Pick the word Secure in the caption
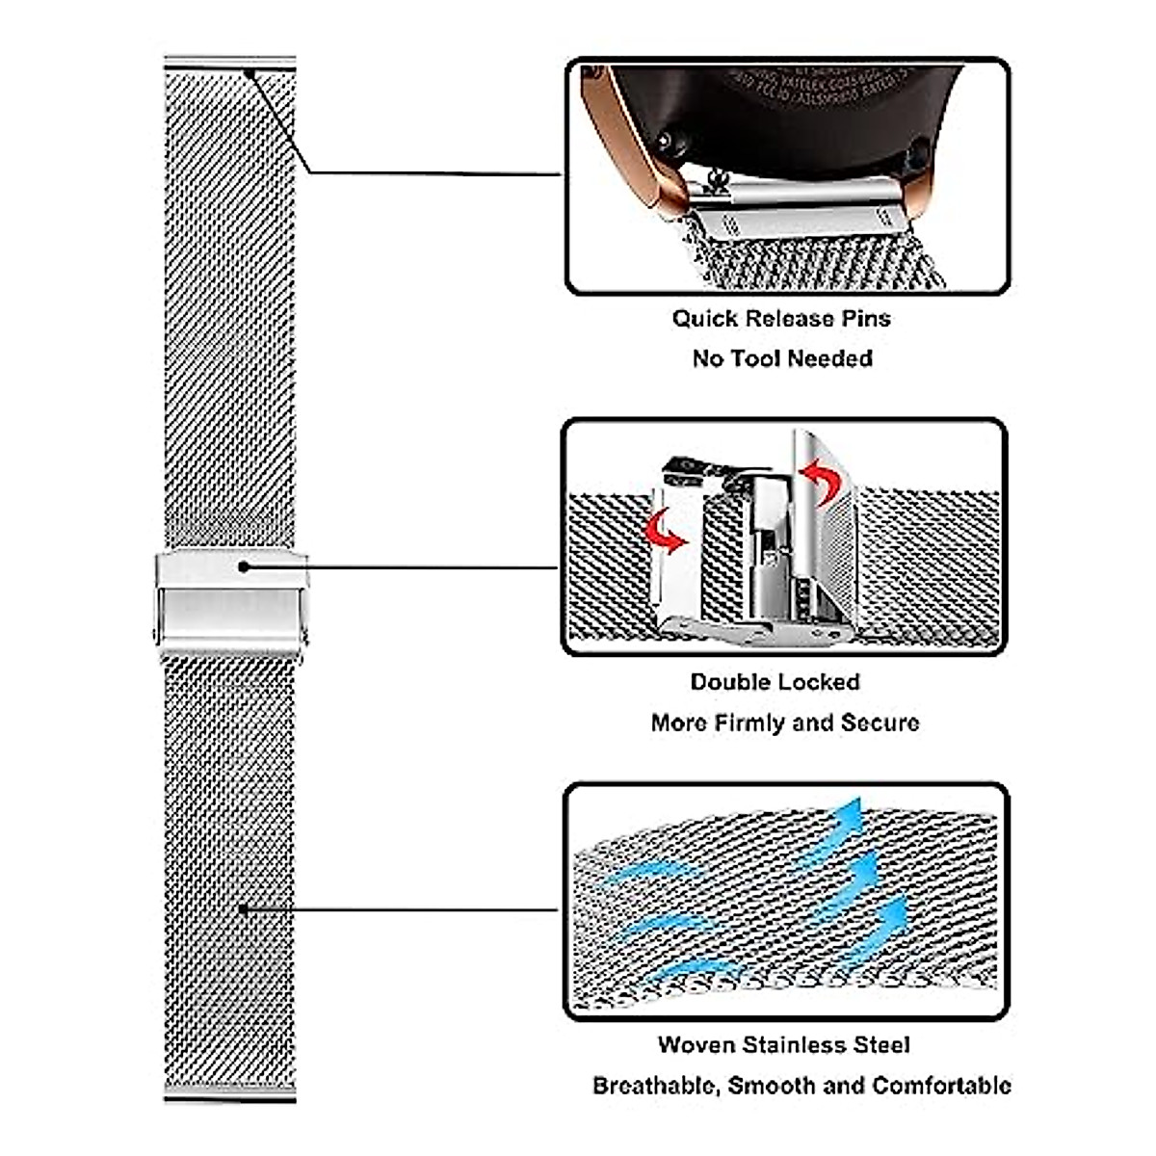click(880, 722)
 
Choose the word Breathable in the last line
click(655, 1087)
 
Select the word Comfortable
click(941, 1087)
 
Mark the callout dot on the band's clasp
click(244, 566)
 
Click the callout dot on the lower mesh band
click(243, 908)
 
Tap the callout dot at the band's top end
click(249, 72)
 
